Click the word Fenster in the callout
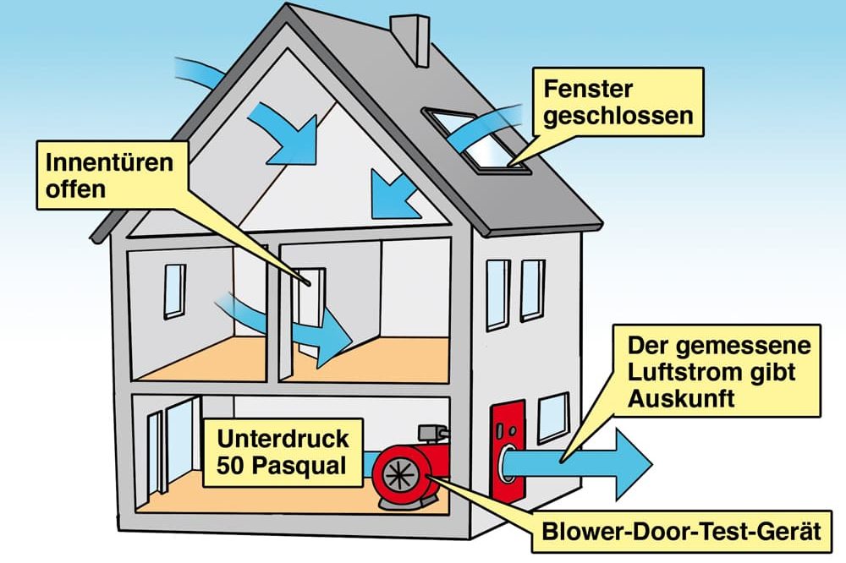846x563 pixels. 588,89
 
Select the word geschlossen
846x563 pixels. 618,116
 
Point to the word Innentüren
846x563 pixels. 109,162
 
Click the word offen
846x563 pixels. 75,189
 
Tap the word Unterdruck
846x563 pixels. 283,439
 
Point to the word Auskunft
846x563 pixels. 681,399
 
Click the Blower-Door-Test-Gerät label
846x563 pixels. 681,531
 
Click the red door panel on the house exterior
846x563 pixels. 507,451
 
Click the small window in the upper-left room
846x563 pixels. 174,291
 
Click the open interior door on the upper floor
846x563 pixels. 310,313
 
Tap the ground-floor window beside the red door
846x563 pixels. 554,418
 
